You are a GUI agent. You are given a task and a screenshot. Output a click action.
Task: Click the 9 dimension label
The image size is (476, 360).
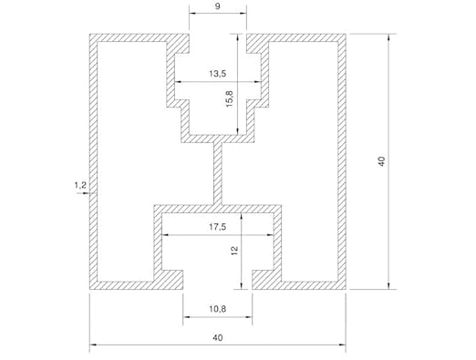tap(218, 6)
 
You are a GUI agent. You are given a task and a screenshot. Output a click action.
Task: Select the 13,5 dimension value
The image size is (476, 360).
tap(218, 74)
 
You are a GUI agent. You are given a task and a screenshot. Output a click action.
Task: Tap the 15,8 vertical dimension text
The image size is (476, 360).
tap(230, 98)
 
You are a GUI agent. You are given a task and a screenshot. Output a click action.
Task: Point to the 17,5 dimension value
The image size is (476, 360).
tap(218, 227)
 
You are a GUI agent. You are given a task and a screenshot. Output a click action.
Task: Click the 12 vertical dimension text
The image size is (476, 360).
tap(234, 251)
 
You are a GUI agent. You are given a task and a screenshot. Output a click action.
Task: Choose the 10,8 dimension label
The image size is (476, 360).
tap(218, 309)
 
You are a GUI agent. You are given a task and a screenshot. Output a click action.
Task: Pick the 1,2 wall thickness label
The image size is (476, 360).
tap(80, 185)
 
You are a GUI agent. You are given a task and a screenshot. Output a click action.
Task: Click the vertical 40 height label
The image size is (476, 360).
tap(382, 161)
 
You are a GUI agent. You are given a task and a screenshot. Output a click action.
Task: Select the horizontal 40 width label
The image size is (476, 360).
tap(218, 337)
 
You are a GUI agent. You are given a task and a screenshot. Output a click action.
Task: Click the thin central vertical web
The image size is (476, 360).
tap(217, 173)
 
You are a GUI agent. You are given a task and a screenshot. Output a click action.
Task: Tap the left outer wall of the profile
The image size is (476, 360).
tap(93, 161)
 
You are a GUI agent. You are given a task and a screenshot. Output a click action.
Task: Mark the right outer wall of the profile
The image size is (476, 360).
tap(342, 161)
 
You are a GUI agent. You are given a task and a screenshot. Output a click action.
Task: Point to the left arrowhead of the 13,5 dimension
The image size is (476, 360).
tap(178, 82)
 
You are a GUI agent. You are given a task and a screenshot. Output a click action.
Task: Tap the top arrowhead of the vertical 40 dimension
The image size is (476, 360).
tap(388, 37)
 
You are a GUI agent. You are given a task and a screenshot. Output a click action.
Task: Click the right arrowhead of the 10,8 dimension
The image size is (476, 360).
tap(248, 317)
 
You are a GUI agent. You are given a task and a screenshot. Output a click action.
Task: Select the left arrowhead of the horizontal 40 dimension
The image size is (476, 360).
tap(93, 345)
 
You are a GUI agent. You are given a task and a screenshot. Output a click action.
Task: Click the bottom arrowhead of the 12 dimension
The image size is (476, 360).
tap(242, 285)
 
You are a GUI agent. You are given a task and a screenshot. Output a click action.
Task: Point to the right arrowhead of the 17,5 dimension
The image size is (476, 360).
tap(270, 235)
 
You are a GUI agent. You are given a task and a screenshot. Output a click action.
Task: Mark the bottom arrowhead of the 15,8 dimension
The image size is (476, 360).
tap(237, 130)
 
